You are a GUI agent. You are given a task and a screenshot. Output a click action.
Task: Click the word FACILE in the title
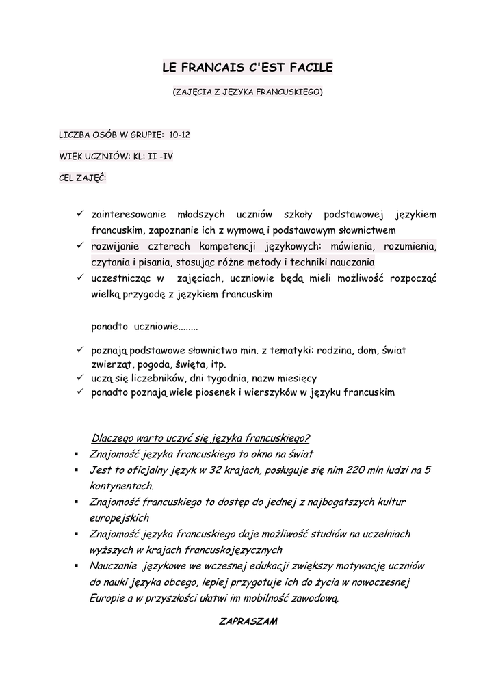[x=310, y=68]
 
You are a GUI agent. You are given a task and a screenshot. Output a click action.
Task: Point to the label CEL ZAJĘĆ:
[x=78, y=178]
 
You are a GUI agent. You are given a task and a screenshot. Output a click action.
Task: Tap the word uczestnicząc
[x=122, y=278]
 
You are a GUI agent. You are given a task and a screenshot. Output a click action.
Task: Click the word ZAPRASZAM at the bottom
[x=247, y=621]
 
